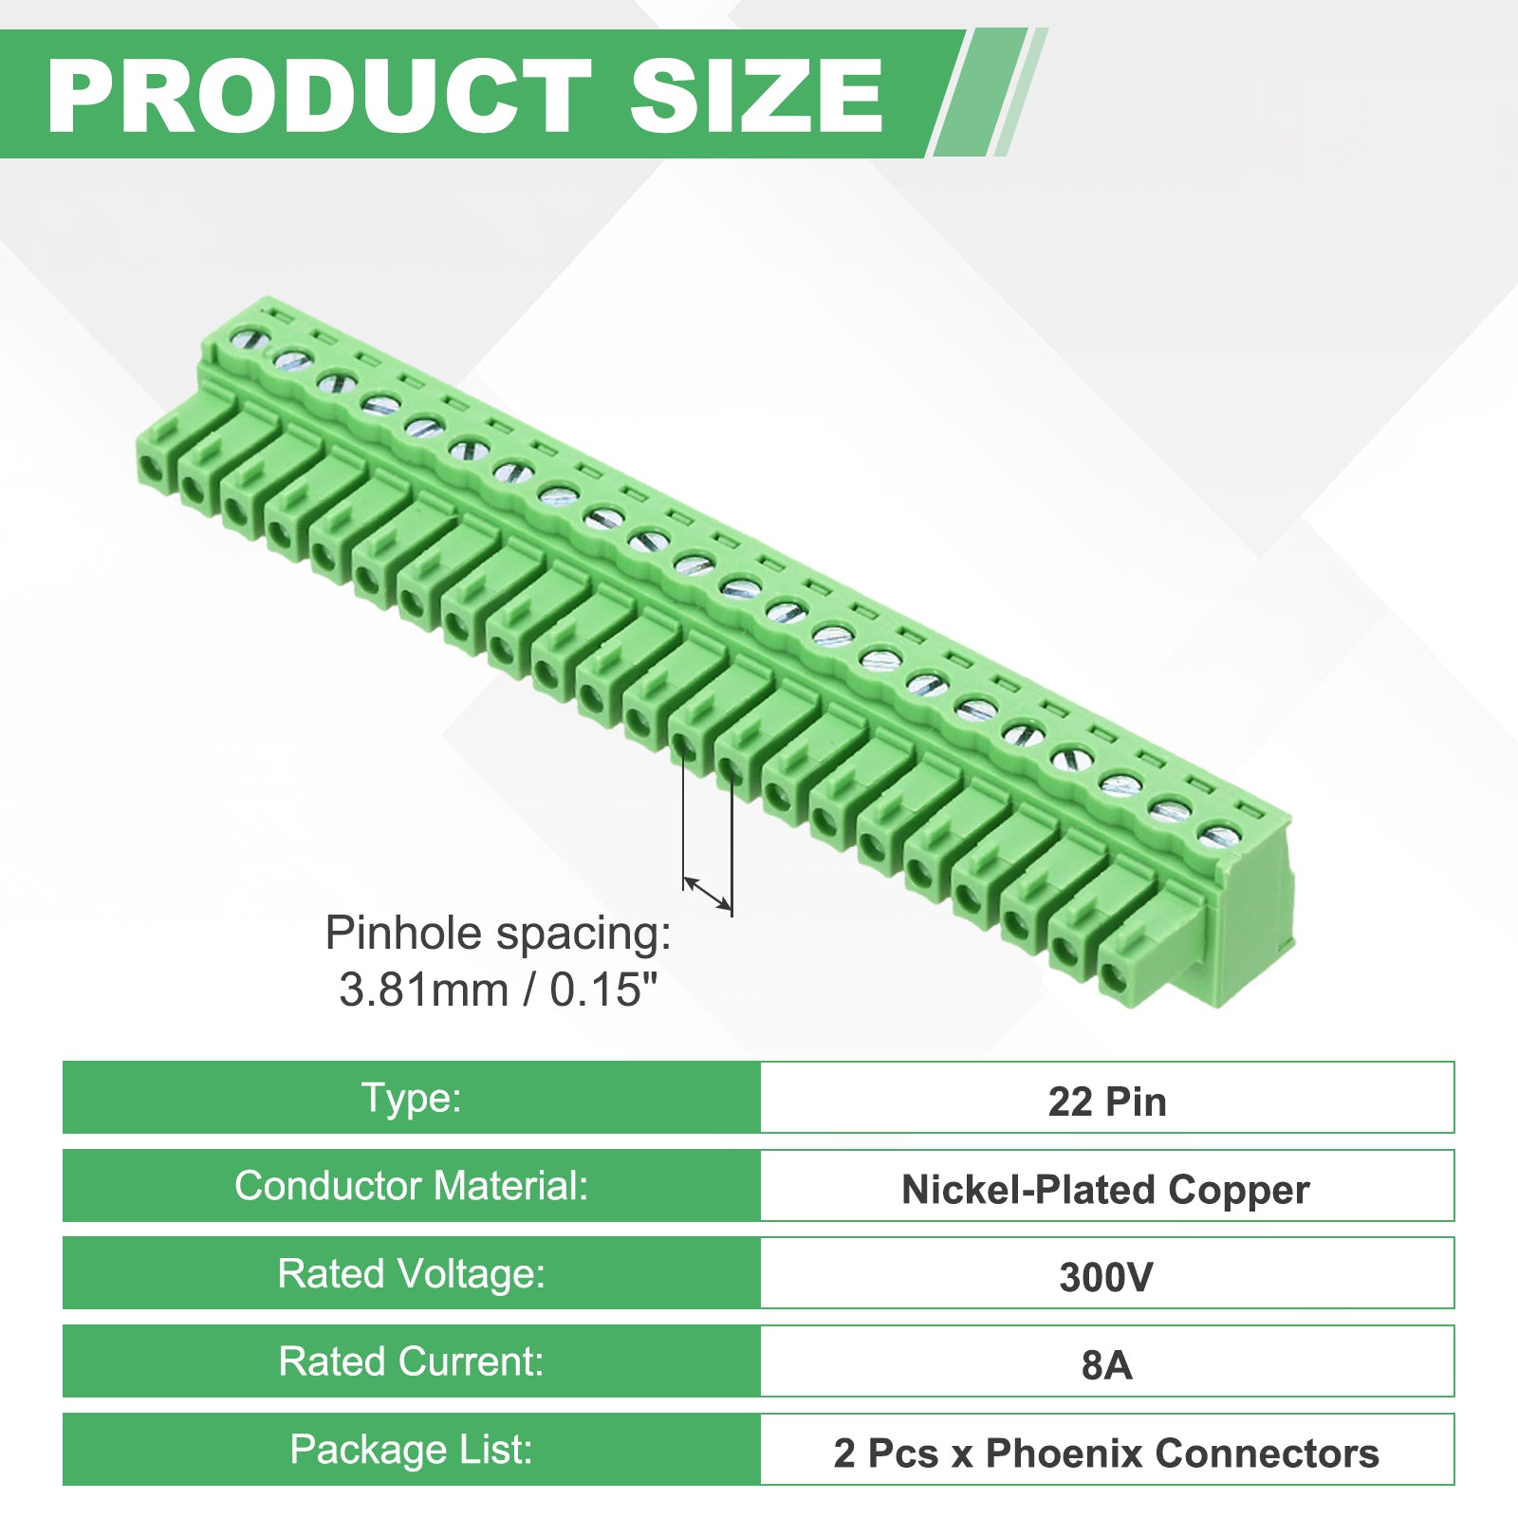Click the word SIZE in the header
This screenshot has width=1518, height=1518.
pyautogui.click(x=756, y=95)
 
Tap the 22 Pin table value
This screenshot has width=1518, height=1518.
pyautogui.click(x=1107, y=1101)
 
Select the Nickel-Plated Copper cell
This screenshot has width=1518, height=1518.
pyautogui.click(x=1105, y=1190)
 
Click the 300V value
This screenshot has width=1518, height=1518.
pyautogui.click(x=1106, y=1277)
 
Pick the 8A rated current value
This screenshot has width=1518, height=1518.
pyautogui.click(x=1107, y=1365)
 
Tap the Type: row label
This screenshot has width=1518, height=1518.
pyautogui.click(x=412, y=1099)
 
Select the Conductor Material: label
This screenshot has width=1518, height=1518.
pyautogui.click(x=412, y=1186)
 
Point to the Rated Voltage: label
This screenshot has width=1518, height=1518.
pyautogui.click(x=412, y=1274)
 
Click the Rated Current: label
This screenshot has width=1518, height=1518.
pyautogui.click(x=412, y=1361)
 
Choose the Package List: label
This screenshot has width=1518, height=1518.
pyautogui.click(x=412, y=1450)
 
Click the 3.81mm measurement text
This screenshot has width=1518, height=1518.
pyautogui.click(x=424, y=990)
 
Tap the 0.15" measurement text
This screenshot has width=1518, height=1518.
pyautogui.click(x=604, y=990)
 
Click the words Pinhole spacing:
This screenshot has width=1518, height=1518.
pyautogui.click(x=498, y=935)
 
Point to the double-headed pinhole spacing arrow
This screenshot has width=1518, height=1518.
pyautogui.click(x=708, y=893)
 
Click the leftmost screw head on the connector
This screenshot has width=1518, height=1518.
pyautogui.click(x=250, y=337)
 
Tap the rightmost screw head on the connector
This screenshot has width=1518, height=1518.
pyautogui.click(x=1217, y=836)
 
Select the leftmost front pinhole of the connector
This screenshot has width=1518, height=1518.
pyautogui.click(x=149, y=468)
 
